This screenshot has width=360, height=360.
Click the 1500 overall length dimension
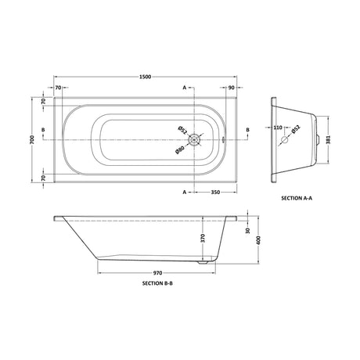point(146,77)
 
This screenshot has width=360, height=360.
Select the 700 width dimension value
point(32,140)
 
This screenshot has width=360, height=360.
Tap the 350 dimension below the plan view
point(215,193)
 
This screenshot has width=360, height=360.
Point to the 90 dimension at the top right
point(232,88)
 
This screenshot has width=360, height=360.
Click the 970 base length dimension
point(157,273)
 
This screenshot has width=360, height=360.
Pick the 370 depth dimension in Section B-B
point(203,238)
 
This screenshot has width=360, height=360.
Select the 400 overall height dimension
point(258,240)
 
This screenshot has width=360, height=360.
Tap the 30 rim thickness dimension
point(248,230)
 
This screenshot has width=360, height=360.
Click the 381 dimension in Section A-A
point(328,139)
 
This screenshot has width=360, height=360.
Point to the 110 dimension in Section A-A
point(278,128)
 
